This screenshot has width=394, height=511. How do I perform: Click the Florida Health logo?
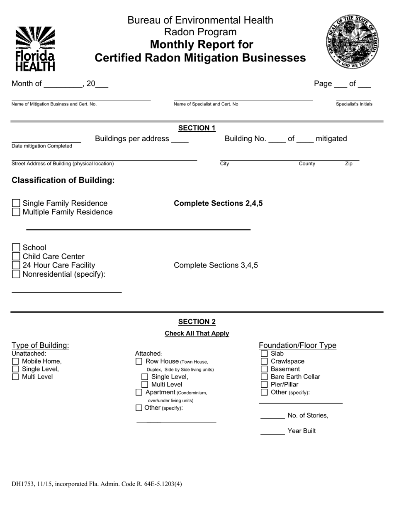35,49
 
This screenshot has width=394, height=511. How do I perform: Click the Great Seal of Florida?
352,42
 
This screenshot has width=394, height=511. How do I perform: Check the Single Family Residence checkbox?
16,203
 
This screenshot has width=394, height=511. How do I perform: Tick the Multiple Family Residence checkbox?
16,212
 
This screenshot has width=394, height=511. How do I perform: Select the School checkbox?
16,248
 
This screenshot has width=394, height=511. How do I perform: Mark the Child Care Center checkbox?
16,257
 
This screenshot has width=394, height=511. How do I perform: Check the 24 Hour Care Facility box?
16,265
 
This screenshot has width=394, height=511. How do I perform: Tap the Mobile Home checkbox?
15,361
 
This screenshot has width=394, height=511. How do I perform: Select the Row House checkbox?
139,361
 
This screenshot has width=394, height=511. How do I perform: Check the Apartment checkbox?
139,392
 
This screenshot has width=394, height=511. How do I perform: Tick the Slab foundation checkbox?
264,354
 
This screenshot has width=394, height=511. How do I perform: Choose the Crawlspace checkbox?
264,361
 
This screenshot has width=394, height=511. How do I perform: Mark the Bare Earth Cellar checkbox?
264,377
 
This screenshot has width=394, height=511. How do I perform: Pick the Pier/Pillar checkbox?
264,385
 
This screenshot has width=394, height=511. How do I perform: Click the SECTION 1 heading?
197,128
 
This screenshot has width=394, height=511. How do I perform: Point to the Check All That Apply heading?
197,334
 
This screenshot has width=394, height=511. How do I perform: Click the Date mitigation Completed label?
42,146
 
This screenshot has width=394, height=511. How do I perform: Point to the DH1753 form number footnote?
97,484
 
